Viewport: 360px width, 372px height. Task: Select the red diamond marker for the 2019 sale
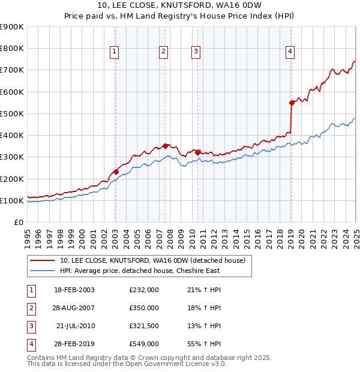pyautogui.click(x=292, y=103)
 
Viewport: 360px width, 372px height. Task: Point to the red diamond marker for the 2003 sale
pyautogui.click(x=116, y=172)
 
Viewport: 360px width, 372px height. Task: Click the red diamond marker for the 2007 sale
pyautogui.click(x=166, y=146)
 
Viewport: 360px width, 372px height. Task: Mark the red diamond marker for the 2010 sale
pyautogui.click(x=197, y=152)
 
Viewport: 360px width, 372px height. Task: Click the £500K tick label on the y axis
pyautogui.click(x=12, y=113)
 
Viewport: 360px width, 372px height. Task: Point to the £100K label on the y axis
pyautogui.click(x=12, y=200)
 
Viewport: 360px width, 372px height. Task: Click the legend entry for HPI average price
pyautogui.click(x=140, y=271)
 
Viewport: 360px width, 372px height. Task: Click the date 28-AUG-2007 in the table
pyautogui.click(x=74, y=308)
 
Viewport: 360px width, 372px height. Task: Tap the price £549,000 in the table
pyautogui.click(x=144, y=344)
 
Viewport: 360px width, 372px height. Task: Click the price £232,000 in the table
pyautogui.click(x=144, y=290)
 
